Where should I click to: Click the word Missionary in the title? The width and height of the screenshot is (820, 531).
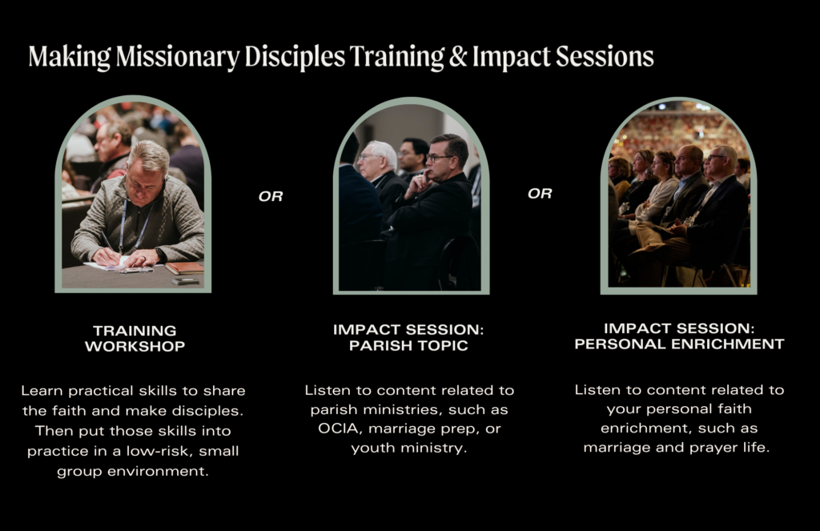178,57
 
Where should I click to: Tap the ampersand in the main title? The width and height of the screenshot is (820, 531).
457,57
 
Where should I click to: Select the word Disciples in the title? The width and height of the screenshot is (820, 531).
295,57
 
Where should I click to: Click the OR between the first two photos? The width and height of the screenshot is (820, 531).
271,196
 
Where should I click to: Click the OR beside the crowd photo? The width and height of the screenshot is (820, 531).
540,194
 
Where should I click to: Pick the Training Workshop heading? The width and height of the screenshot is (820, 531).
135,339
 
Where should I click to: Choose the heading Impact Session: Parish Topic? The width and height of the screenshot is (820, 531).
408,337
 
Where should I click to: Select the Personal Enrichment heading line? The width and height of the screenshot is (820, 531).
679,344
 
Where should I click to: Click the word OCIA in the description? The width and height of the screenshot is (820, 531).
339,428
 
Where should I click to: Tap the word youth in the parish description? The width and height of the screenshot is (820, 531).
372,448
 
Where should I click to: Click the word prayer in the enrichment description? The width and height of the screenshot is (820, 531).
713,448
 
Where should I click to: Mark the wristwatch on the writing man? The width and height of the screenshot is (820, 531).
160,255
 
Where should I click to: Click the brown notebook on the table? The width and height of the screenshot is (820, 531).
184,268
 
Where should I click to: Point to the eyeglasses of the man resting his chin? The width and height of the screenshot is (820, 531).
438,157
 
